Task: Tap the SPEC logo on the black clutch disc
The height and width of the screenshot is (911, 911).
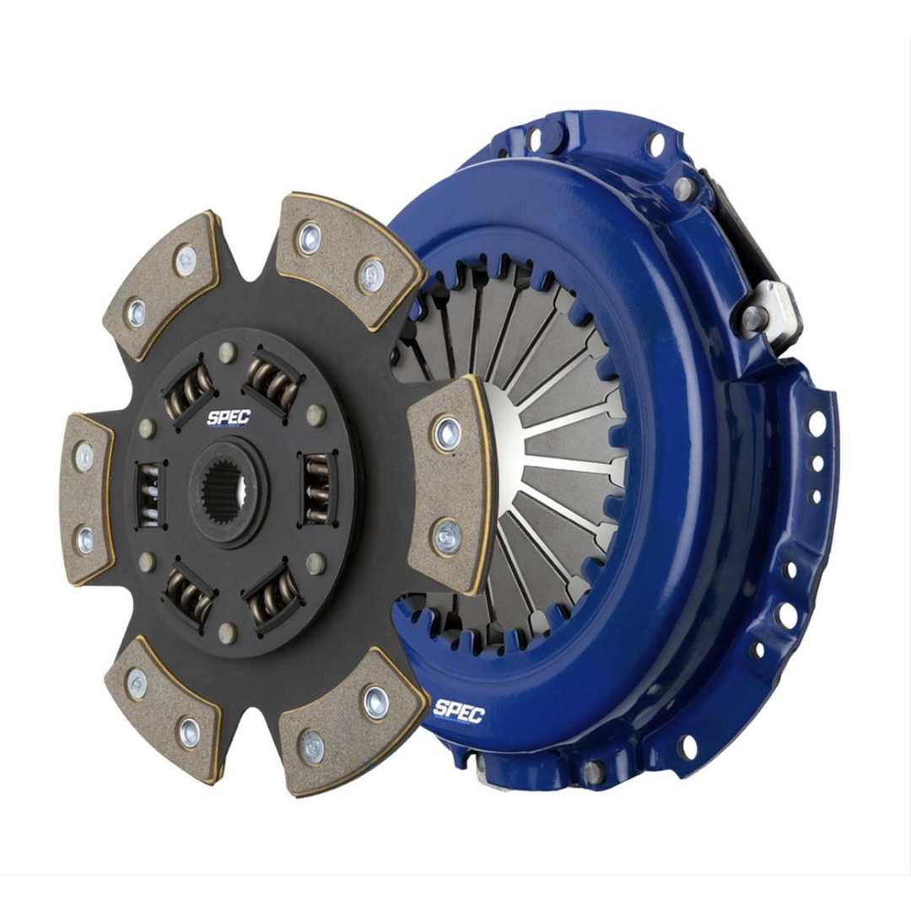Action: click(229, 418)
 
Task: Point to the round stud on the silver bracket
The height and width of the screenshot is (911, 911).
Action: click(754, 318)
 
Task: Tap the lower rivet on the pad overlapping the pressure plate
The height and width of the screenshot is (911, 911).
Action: click(447, 536)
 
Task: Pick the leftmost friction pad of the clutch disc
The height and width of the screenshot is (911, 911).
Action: click(86, 498)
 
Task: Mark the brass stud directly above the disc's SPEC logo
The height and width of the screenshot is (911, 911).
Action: click(226, 353)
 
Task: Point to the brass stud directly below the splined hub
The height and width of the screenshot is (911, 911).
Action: click(226, 629)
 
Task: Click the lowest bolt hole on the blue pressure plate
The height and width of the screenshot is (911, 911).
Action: click(687, 746)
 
